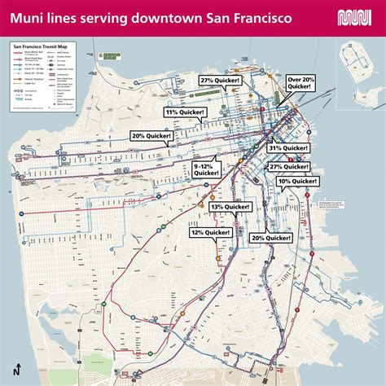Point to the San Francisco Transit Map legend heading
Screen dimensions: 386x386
40,46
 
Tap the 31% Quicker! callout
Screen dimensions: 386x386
288,147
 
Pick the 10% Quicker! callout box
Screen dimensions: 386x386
296,181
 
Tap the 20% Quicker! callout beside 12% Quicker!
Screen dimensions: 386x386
271,237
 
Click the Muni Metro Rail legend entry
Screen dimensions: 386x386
29,52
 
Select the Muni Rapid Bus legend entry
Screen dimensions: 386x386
29,59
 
